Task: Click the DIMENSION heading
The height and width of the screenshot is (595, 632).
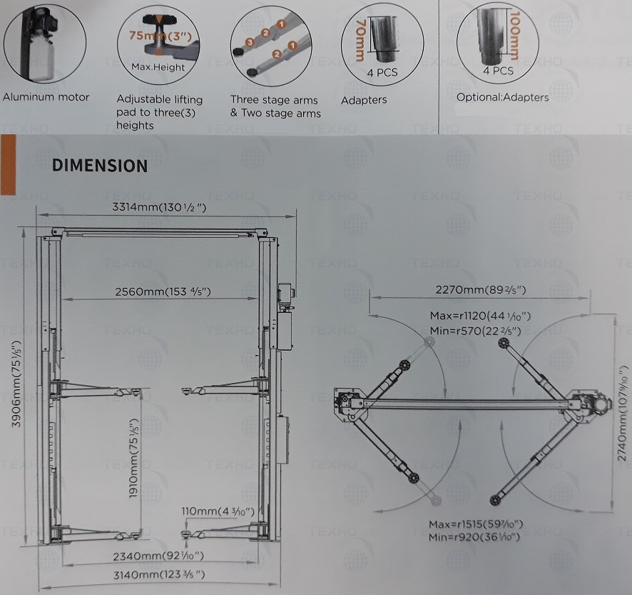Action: point(100,166)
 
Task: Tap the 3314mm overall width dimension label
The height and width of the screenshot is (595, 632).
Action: point(159,207)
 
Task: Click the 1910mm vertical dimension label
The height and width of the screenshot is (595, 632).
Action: point(133,454)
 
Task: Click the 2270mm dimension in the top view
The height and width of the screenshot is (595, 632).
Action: point(481,290)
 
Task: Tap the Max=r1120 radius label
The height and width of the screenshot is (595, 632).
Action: point(480,316)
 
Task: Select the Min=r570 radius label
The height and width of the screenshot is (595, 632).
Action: point(475,331)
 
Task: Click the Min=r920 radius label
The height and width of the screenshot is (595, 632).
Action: point(474,537)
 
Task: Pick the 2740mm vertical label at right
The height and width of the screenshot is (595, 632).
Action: point(623,414)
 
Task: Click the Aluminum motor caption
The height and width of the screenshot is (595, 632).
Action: point(46,97)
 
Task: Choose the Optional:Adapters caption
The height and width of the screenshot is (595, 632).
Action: point(503,97)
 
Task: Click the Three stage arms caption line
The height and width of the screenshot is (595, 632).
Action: point(274,100)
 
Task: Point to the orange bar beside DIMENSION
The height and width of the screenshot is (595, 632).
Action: point(9,165)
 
